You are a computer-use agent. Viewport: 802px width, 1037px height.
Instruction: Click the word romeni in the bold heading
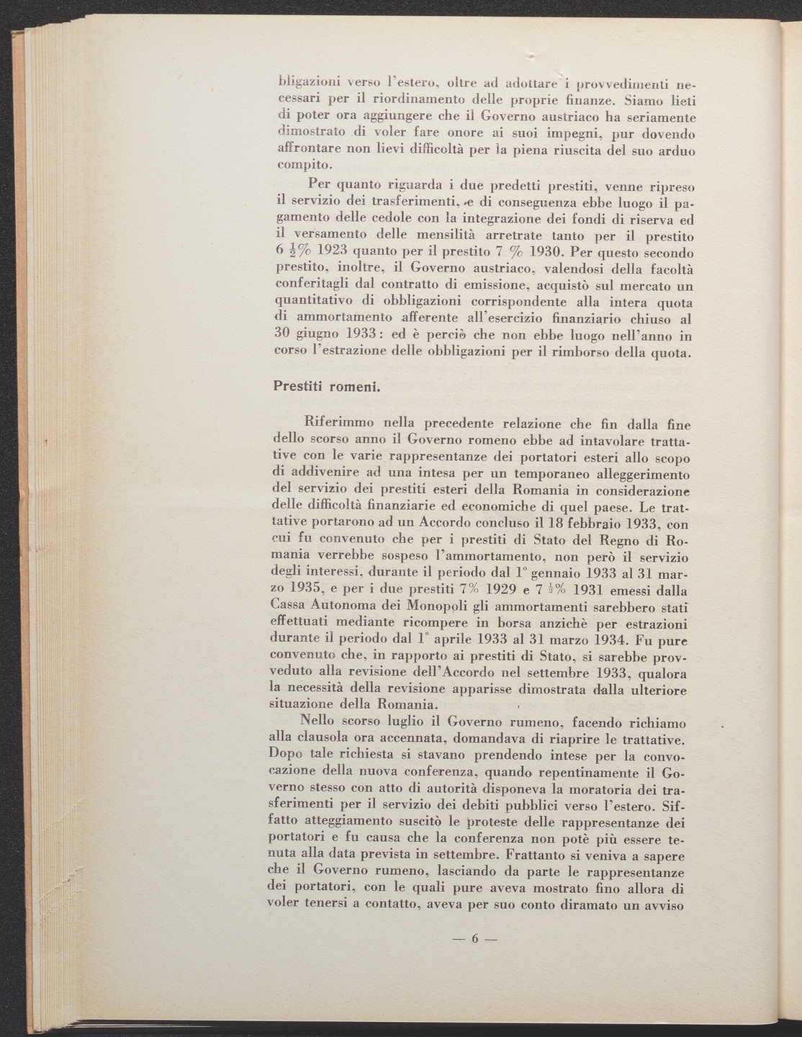354,387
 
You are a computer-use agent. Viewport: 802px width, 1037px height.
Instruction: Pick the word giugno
314,335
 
